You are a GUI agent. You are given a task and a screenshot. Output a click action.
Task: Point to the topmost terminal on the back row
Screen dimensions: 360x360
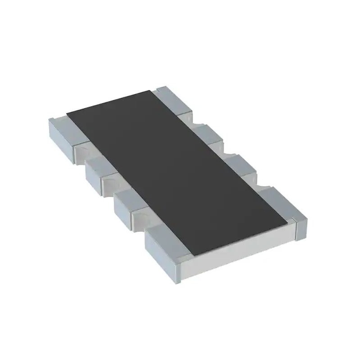(x=173, y=101)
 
